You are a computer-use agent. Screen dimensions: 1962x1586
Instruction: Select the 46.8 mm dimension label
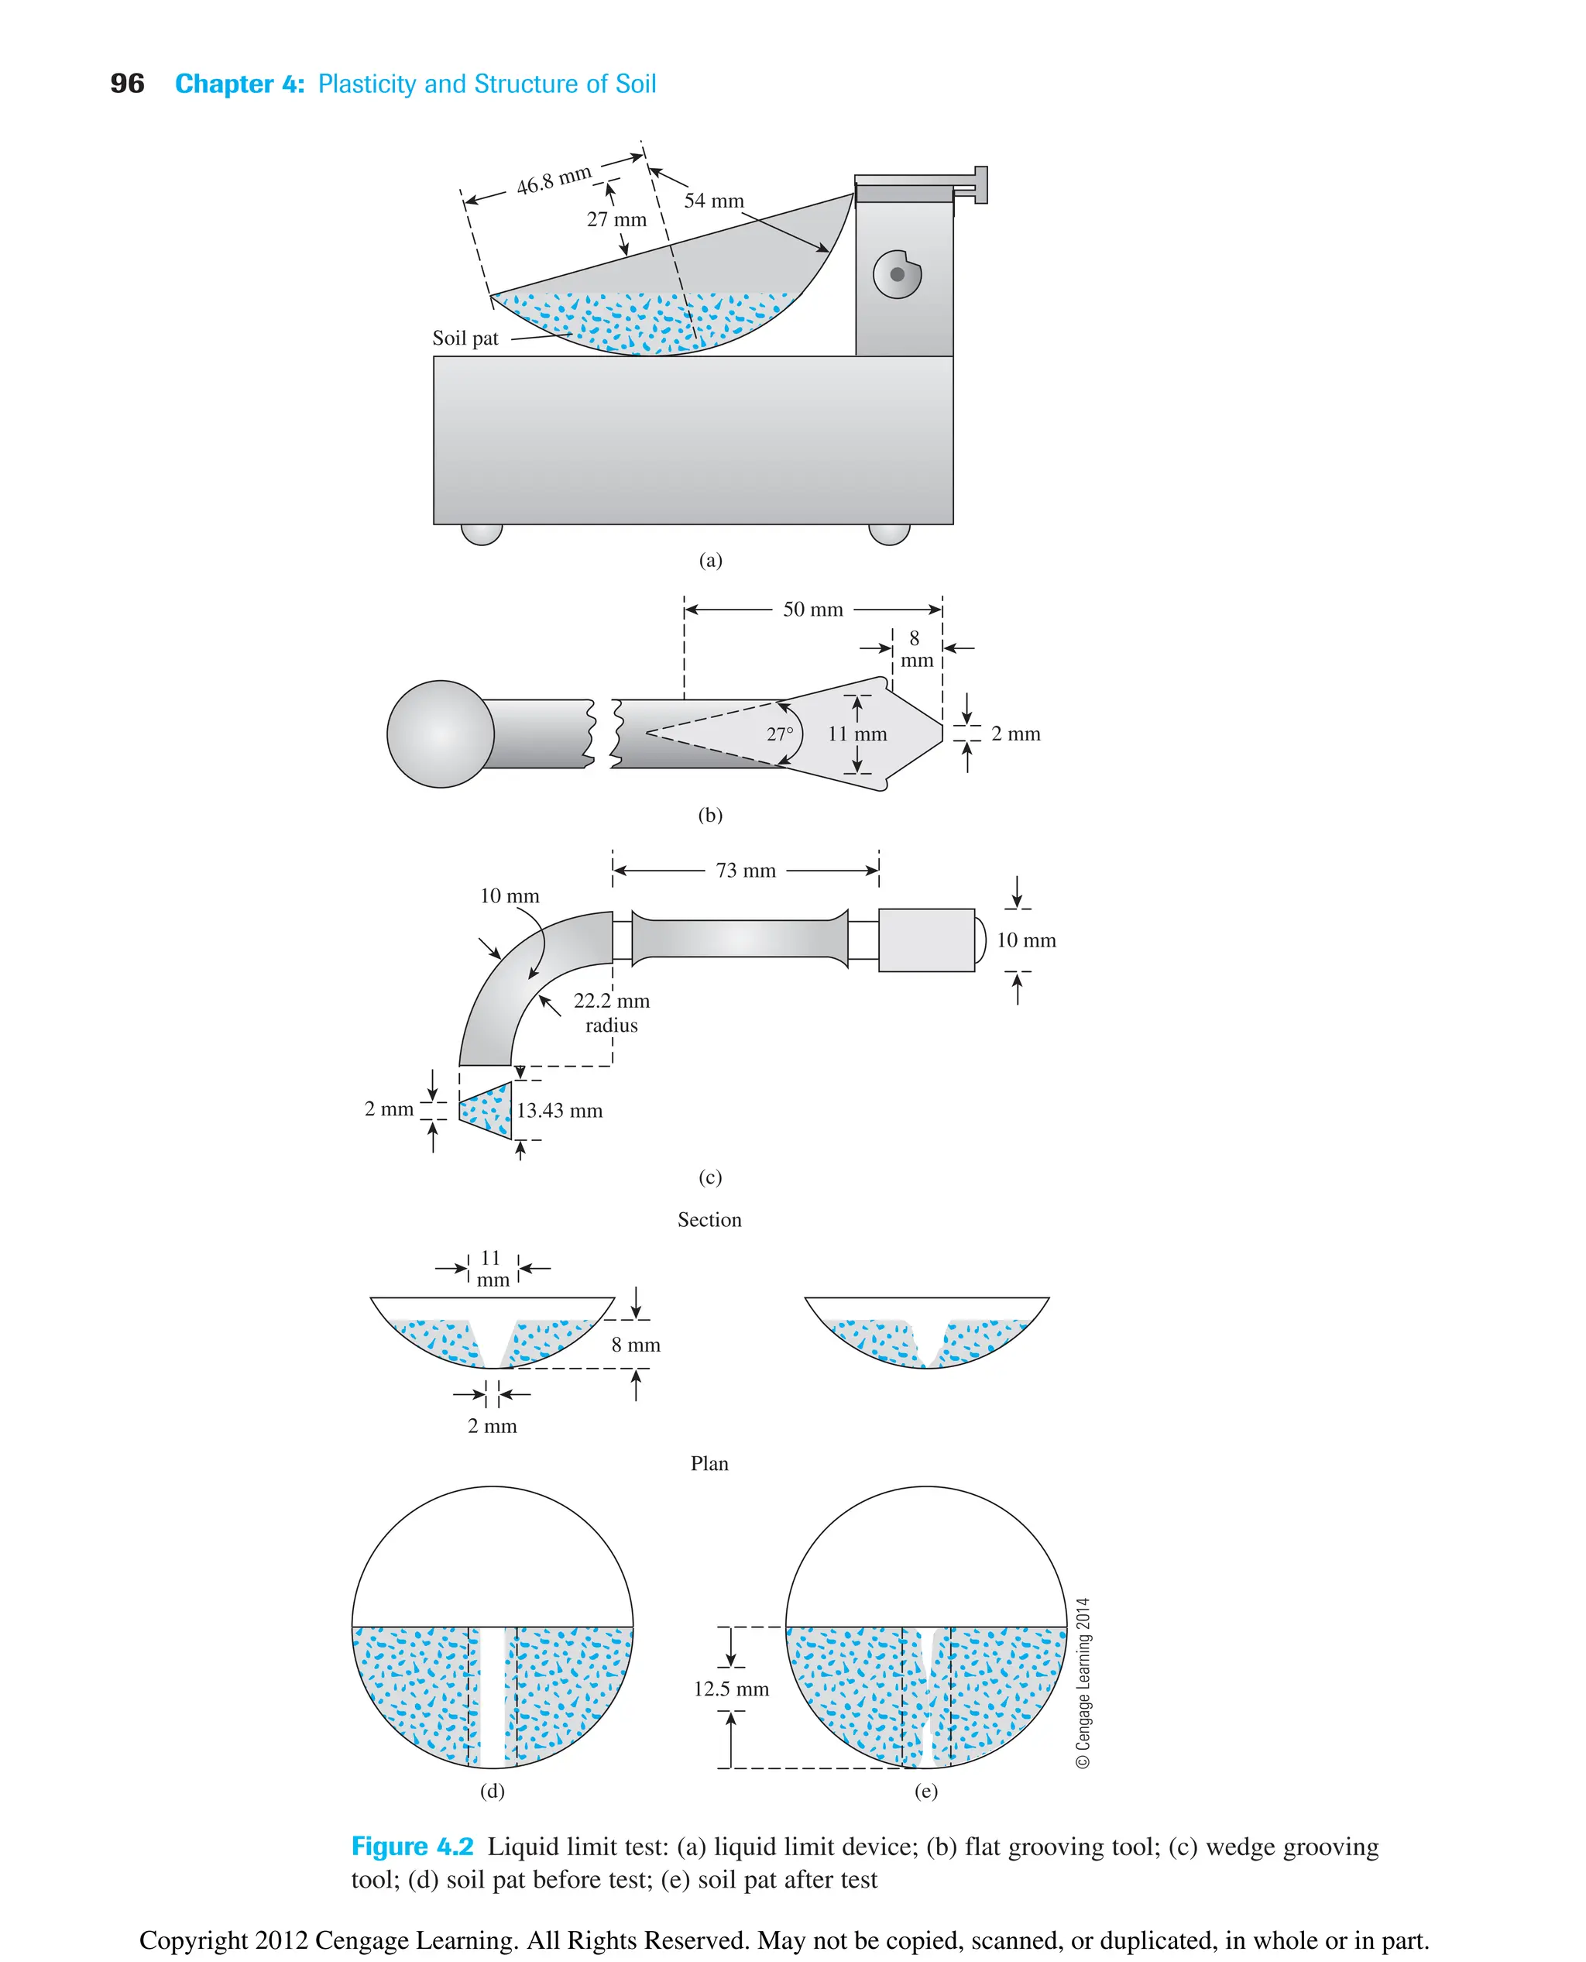(554, 179)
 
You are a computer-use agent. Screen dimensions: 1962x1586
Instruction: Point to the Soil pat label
(465, 339)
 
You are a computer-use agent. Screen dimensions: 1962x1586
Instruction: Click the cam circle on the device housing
(897, 274)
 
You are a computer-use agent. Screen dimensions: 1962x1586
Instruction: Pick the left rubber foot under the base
(482, 534)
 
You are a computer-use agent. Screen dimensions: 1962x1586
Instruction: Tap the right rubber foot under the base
(889, 534)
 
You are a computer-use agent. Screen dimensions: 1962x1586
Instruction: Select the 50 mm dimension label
(812, 610)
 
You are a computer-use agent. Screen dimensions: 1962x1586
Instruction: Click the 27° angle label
(779, 734)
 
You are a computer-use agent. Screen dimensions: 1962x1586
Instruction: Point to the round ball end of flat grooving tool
(441, 734)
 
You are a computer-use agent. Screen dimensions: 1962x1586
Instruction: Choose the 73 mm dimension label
(746, 871)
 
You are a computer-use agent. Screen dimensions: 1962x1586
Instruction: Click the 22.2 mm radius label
(611, 1012)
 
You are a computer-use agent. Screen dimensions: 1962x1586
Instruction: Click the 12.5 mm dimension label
(731, 1689)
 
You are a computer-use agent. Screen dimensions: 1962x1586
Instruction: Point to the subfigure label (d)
(493, 1791)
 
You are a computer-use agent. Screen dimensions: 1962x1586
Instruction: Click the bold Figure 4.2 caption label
(412, 1847)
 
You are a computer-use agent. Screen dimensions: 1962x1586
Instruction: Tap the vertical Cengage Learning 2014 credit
(1083, 1682)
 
